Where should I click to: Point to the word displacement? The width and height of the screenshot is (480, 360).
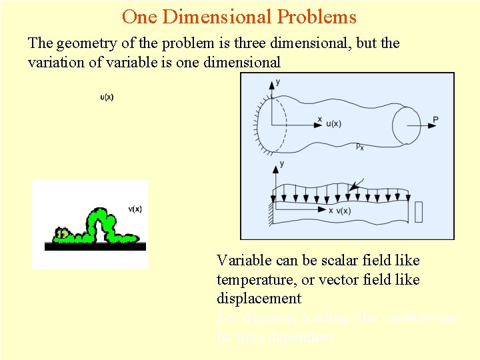[x=259, y=299]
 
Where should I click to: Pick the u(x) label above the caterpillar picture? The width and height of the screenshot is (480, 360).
[x=107, y=97]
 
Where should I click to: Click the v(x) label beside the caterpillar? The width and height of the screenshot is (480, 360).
[x=135, y=209]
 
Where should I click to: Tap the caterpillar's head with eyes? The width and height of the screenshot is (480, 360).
[x=62, y=234]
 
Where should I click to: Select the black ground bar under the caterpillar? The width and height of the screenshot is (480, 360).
[x=95, y=246]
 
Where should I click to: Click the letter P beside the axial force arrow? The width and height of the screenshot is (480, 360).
[x=435, y=120]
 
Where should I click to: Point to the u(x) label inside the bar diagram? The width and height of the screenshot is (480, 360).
[x=333, y=124]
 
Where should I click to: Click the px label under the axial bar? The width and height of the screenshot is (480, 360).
[x=359, y=146]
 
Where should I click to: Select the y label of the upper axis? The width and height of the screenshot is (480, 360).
[x=277, y=82]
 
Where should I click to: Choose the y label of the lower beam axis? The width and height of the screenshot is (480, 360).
[x=283, y=163]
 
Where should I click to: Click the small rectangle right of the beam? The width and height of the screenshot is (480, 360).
[x=419, y=211]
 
